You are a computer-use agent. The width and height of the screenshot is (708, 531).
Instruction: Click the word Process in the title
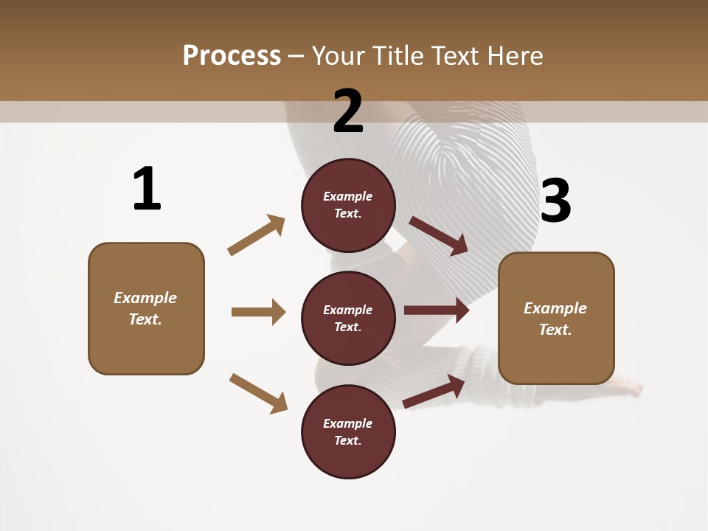(x=232, y=56)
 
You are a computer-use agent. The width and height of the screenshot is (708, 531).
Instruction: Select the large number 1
(x=147, y=189)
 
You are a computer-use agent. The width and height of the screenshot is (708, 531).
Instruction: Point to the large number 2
(x=348, y=111)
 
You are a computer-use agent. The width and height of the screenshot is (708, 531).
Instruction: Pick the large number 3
(x=555, y=201)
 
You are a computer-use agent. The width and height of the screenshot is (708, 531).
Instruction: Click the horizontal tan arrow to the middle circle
(x=258, y=312)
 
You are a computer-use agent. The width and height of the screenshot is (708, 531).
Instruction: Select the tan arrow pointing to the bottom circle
(x=259, y=393)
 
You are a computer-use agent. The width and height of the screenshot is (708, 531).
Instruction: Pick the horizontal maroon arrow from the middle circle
(x=437, y=310)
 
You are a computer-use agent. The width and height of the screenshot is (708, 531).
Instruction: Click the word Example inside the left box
(x=145, y=298)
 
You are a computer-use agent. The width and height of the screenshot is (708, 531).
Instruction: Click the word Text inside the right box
(x=555, y=330)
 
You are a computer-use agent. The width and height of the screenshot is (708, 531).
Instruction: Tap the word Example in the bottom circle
(x=348, y=423)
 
